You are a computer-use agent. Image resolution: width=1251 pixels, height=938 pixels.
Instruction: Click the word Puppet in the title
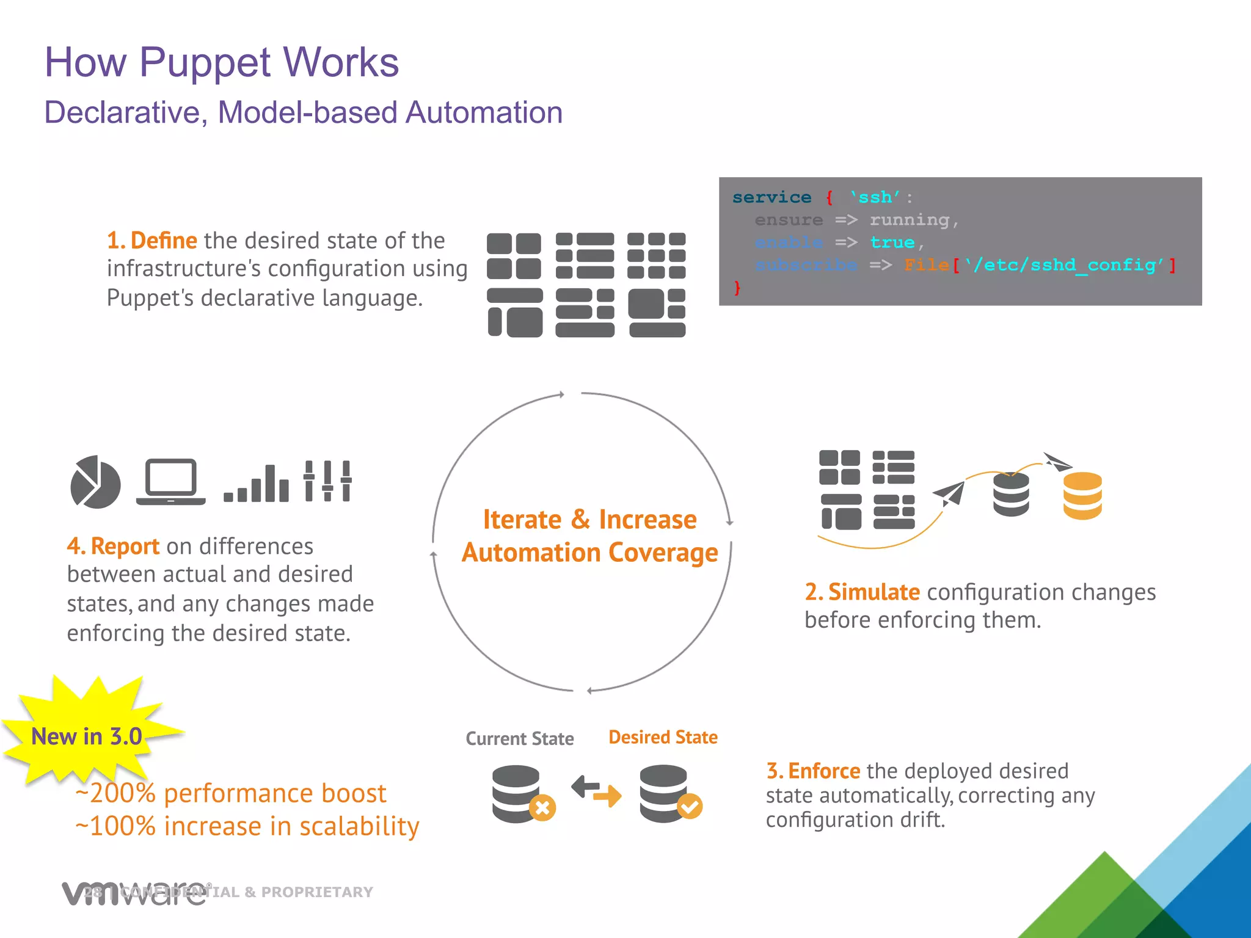[205, 64]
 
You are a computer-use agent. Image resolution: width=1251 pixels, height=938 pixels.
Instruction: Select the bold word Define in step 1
[164, 241]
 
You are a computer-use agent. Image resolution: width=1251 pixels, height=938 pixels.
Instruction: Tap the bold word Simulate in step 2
[874, 592]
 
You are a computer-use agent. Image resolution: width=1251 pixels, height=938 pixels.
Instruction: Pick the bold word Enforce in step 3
[824, 771]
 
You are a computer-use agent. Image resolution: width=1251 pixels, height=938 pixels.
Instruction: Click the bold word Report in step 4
[125, 546]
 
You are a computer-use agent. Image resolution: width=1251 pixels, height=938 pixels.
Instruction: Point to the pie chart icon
[95, 482]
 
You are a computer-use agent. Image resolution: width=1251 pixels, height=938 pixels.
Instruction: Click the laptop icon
[170, 482]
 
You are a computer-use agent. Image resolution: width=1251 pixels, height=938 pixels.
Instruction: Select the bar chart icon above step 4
[257, 484]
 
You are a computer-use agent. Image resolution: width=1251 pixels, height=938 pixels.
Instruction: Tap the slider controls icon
[327, 481]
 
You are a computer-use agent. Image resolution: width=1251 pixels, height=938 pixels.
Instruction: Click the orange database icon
[1082, 495]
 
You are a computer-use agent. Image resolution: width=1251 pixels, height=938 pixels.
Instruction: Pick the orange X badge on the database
[542, 808]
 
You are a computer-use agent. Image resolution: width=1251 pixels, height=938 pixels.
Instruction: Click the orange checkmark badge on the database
[690, 807]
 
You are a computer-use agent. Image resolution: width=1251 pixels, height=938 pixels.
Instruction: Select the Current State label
[519, 739]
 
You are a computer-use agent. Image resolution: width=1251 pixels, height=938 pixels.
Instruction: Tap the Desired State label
[663, 738]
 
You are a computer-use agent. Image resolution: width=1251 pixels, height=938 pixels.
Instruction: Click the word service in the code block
[771, 197]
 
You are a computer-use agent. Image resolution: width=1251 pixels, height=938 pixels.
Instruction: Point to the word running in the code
[909, 220]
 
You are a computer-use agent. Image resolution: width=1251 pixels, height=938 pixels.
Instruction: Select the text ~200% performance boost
[231, 793]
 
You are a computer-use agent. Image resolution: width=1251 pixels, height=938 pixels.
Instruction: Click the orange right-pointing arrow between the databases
[608, 796]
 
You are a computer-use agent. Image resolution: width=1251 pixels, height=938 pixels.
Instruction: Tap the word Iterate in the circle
[522, 520]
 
